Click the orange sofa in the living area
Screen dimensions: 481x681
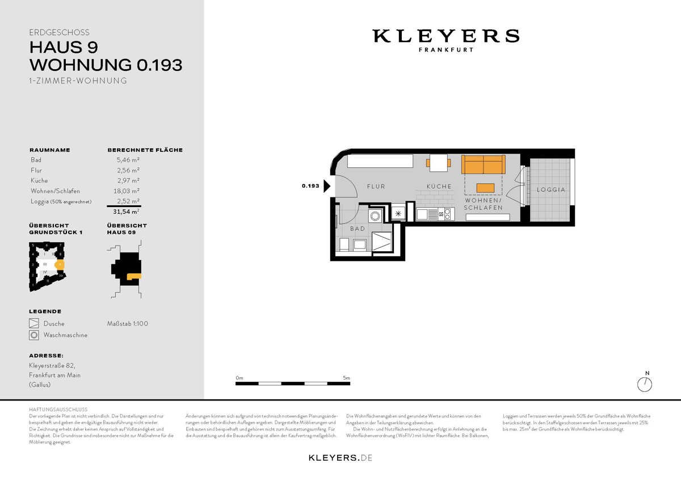[483, 164]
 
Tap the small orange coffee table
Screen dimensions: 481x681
[485, 188]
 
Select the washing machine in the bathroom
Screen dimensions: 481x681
[375, 216]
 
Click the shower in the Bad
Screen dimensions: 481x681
[381, 242]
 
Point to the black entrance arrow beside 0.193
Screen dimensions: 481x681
[327, 186]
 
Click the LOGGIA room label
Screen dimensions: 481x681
[551, 189]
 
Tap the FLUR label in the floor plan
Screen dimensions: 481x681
[376, 186]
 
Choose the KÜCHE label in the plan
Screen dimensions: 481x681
[439, 186]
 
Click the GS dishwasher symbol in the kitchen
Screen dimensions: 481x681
[441, 214]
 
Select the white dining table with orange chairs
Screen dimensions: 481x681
[438, 163]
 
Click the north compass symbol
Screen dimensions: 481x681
[645, 384]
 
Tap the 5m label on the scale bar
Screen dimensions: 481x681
[346, 378]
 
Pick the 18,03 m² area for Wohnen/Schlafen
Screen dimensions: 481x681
[128, 191]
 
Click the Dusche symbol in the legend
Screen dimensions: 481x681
[34, 324]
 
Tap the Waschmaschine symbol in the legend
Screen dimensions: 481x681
[34, 335]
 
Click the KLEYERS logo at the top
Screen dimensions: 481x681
[445, 36]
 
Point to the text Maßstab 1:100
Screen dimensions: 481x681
[128, 324]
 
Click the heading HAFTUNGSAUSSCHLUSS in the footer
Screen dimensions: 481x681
[58, 409]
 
